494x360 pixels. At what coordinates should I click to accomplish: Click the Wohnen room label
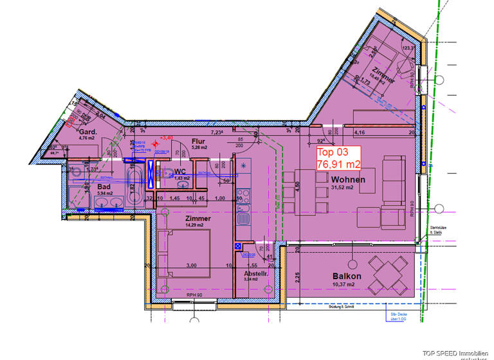349,179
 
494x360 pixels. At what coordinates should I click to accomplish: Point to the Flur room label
198,140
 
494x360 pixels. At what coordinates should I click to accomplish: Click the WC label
180,172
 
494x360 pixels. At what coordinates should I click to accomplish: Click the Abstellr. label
255,272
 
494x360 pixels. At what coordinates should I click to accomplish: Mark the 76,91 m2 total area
338,165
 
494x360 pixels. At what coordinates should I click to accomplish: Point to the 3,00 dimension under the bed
192,265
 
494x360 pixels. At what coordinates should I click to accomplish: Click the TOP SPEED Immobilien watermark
457,352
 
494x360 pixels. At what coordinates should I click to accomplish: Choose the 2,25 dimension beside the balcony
289,276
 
